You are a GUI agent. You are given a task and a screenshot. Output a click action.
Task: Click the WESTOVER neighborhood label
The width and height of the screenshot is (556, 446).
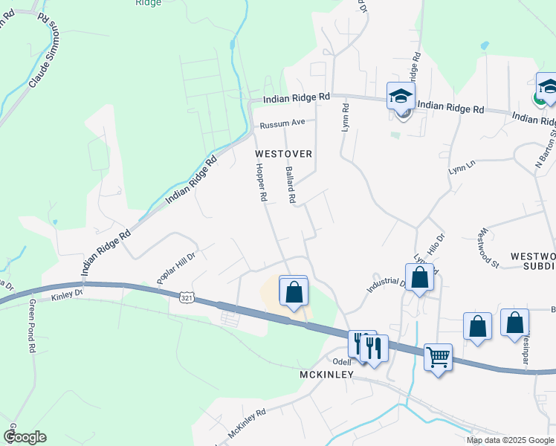tap(282, 153)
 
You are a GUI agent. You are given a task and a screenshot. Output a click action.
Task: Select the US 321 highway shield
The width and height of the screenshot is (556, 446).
tap(187, 297)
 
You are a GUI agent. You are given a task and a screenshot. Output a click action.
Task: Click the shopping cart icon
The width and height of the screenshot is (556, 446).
tap(439, 358)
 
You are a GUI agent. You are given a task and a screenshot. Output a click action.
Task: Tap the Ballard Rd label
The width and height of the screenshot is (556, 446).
tap(291, 184)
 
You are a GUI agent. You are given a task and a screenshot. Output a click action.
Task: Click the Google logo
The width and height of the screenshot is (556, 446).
tap(25, 437)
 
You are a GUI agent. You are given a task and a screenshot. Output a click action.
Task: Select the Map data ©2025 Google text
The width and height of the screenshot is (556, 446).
tap(509, 440)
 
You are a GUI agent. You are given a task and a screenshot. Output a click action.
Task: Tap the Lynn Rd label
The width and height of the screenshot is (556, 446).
tap(345, 117)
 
